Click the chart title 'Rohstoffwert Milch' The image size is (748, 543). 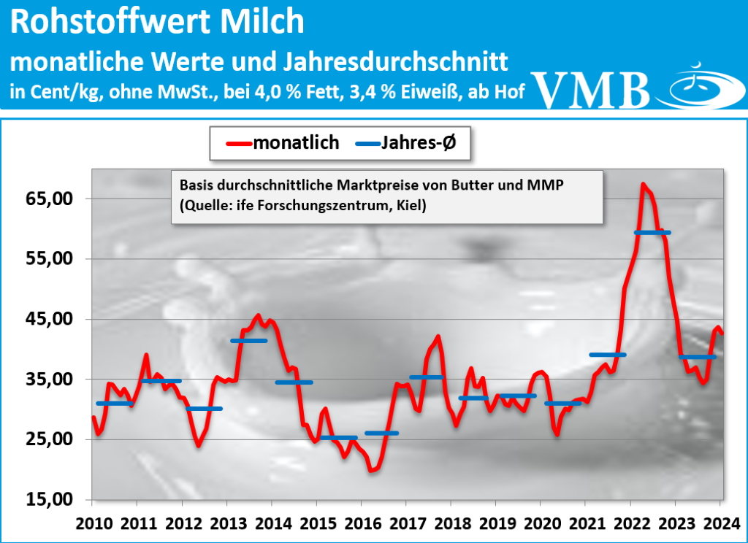pyautogui.click(x=158, y=23)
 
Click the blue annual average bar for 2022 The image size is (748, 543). pyautogui.click(x=652, y=232)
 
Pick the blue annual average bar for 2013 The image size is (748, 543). pyautogui.click(x=248, y=341)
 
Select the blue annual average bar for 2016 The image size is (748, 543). pyautogui.click(x=382, y=433)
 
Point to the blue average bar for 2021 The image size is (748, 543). pyautogui.click(x=607, y=355)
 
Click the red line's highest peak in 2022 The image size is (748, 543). pyautogui.click(x=643, y=184)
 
